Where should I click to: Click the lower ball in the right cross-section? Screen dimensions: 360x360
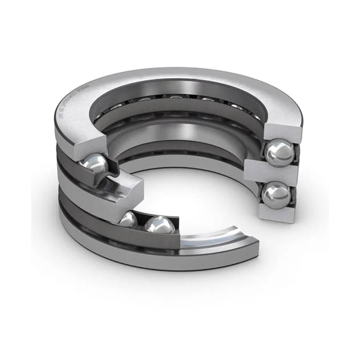(276, 195)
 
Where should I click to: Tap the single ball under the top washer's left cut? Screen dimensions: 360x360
(95, 166)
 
